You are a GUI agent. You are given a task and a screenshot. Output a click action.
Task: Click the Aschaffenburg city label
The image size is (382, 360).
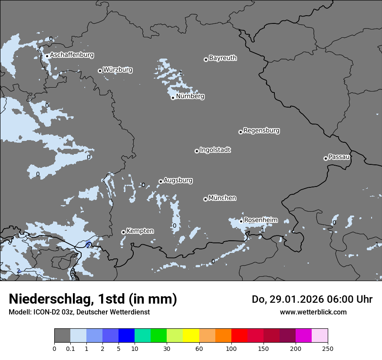[x=72, y=55]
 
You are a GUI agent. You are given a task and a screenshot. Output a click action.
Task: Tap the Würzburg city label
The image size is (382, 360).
[x=118, y=69]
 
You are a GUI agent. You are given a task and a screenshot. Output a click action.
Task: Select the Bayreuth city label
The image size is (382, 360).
[x=223, y=58]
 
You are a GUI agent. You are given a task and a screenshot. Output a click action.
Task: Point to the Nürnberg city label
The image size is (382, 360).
[x=190, y=96]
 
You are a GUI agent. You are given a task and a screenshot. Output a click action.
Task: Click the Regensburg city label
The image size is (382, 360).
[x=261, y=130]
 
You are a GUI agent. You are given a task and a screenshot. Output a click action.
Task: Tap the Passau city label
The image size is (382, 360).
[x=339, y=157]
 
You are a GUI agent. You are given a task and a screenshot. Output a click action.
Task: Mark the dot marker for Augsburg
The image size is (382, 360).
[x=161, y=182]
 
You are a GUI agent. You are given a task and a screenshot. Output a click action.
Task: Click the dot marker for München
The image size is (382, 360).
[x=205, y=200]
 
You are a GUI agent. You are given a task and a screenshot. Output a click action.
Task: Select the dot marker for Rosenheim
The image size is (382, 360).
[x=241, y=221]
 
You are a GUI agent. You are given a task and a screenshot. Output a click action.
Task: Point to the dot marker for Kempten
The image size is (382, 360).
[x=123, y=232]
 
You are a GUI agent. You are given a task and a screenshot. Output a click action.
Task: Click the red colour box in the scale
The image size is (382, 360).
[x=239, y=336]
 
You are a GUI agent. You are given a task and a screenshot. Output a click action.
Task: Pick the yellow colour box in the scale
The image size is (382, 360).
[x=191, y=336]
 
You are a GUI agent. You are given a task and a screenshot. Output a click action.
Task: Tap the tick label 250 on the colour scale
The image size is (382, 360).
[x=328, y=348]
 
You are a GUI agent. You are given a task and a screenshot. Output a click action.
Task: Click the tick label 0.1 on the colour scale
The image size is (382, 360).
[x=70, y=348]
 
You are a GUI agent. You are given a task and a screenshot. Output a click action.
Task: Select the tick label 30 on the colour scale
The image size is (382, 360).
[x=167, y=348]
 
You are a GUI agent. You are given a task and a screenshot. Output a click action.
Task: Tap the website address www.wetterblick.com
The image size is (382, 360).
[x=313, y=312]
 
